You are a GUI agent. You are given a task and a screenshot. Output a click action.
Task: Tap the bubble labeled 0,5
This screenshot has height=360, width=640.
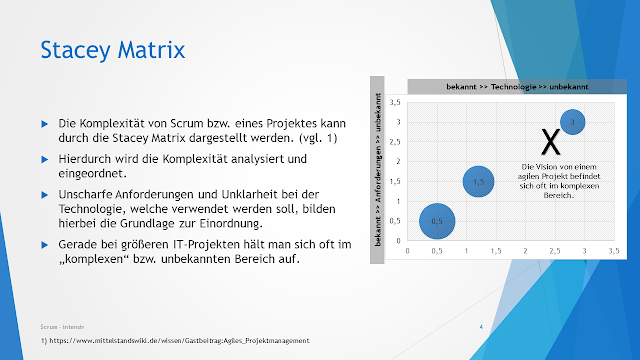[437, 220]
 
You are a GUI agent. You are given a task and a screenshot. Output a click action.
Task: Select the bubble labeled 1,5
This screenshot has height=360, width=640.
[479, 181]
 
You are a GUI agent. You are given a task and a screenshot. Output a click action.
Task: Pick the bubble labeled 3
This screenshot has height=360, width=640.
[572, 122]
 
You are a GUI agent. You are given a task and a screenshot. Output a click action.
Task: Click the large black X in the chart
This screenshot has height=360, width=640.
[549, 141]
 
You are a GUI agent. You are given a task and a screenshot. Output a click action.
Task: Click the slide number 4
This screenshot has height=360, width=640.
[481, 327]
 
